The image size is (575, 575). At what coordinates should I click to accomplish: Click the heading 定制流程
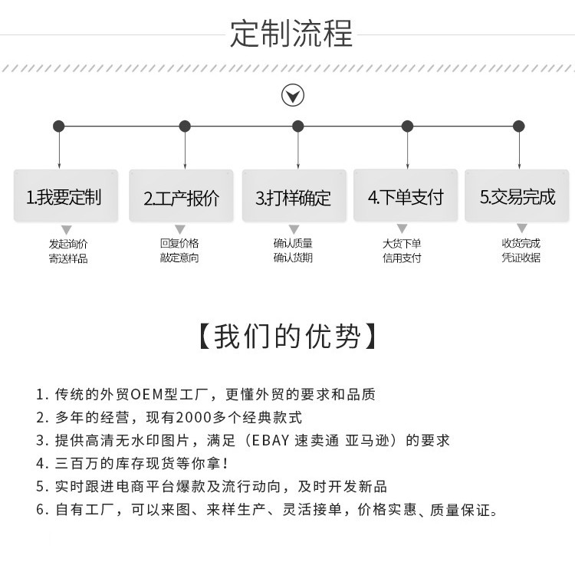(x=291, y=34)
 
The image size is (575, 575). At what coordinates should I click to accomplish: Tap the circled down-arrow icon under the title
(x=293, y=95)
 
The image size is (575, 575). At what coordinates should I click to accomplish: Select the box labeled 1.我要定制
(x=66, y=195)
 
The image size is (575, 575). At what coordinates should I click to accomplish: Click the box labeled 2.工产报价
(x=181, y=195)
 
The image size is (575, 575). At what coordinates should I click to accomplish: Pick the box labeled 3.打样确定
(x=294, y=195)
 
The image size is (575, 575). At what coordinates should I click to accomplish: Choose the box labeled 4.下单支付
(x=406, y=195)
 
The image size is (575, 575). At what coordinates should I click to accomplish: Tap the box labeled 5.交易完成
(x=517, y=195)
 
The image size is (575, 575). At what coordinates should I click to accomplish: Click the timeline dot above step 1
(x=59, y=127)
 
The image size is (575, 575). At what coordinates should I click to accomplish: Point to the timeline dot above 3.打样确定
(x=297, y=127)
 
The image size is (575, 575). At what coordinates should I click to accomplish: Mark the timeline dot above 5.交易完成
(x=518, y=127)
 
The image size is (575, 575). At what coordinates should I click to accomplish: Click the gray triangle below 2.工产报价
(x=179, y=229)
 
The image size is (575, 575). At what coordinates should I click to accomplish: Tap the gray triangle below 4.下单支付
(x=402, y=228)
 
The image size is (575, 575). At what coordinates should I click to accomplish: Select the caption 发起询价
(x=68, y=244)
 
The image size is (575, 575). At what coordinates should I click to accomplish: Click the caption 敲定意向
(x=179, y=258)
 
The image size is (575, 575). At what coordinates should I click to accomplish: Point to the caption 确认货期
(x=293, y=258)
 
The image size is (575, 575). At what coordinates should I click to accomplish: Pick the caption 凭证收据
(x=521, y=258)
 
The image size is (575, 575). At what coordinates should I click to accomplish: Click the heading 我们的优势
(x=287, y=337)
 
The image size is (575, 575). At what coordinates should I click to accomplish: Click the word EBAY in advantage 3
(x=271, y=440)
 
